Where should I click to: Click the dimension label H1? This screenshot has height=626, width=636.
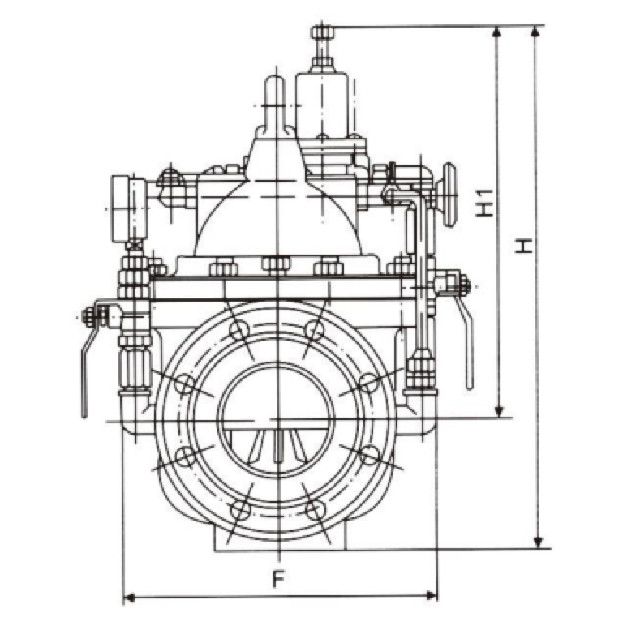[485, 203]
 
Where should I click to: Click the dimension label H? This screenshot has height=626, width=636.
[524, 246]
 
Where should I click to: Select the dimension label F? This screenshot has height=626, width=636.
[277, 579]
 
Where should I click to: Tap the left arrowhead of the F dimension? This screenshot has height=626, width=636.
[128, 597]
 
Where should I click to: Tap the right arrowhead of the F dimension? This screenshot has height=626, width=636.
[432, 596]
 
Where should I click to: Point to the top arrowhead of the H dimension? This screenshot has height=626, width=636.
[536, 32]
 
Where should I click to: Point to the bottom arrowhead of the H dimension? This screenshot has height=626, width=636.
[538, 542]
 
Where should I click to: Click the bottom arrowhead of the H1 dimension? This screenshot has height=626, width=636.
[500, 410]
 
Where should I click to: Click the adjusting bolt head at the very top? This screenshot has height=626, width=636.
[321, 32]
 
